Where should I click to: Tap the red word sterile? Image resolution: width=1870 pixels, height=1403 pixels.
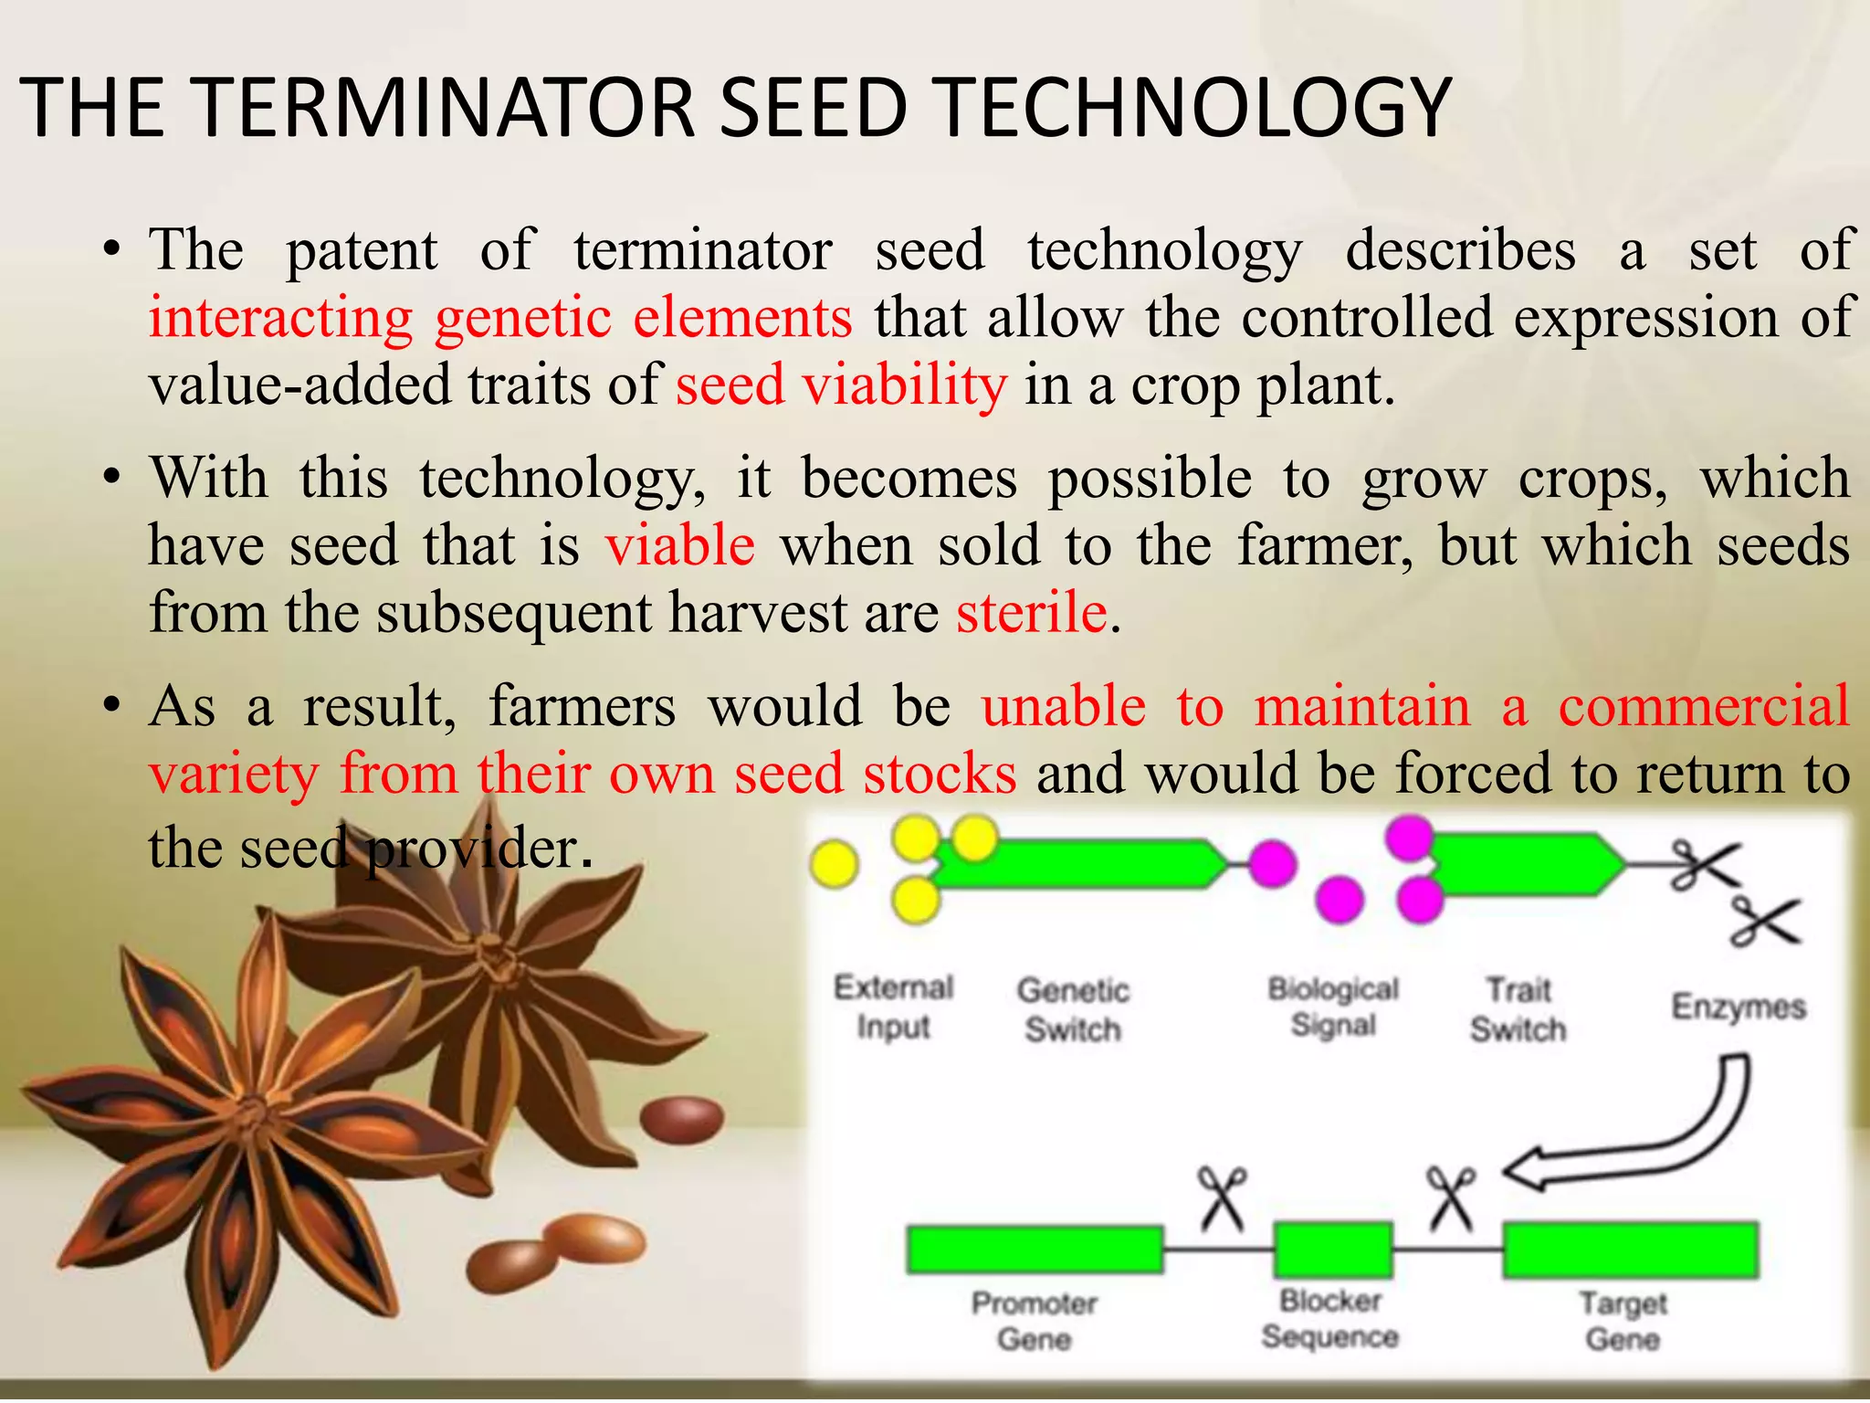1031,612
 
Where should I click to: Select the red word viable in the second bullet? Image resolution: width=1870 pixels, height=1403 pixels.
679,545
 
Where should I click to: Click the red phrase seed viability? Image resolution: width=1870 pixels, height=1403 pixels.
841,385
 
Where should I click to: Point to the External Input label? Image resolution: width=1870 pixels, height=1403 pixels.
893,1007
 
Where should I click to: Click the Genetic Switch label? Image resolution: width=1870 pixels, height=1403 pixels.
1073,1009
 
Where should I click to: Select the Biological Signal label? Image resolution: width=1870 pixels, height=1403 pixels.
1333,1007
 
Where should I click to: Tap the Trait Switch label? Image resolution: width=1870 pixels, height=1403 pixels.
1518,1009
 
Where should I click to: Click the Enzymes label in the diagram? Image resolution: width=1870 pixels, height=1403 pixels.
1739,1007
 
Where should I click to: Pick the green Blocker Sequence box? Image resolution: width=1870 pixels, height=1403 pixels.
1333,1250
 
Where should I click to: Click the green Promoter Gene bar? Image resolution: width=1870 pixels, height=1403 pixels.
1035,1250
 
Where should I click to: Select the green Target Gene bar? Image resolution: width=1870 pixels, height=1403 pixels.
1630,1250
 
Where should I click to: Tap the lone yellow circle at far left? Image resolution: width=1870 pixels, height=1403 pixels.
834,864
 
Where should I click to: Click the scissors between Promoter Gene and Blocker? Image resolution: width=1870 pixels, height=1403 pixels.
1222,1198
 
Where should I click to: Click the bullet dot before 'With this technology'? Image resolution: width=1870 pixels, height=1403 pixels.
111,478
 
